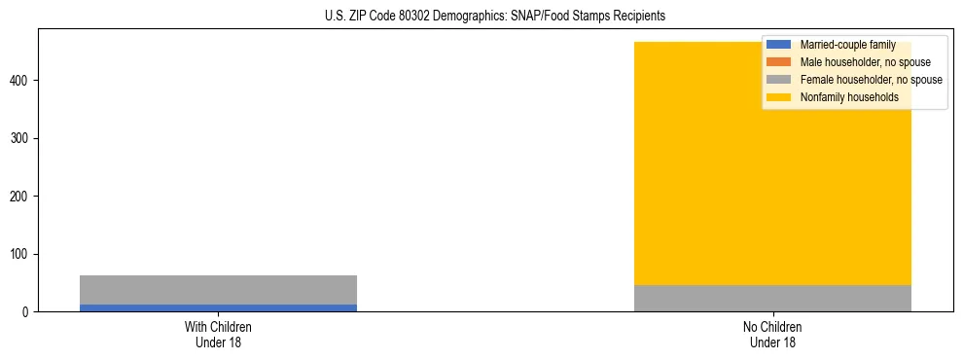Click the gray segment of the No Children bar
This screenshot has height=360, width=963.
(772, 298)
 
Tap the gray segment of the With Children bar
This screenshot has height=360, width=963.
(218, 290)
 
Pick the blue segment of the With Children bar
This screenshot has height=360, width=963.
(218, 307)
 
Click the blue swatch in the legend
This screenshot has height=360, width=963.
(778, 45)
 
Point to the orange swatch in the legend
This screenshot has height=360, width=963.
(778, 62)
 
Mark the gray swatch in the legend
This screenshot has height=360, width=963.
(778, 80)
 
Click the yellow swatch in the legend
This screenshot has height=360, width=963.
(778, 97)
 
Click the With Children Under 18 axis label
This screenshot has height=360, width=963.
(218, 335)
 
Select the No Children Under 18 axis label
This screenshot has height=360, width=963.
(772, 335)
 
